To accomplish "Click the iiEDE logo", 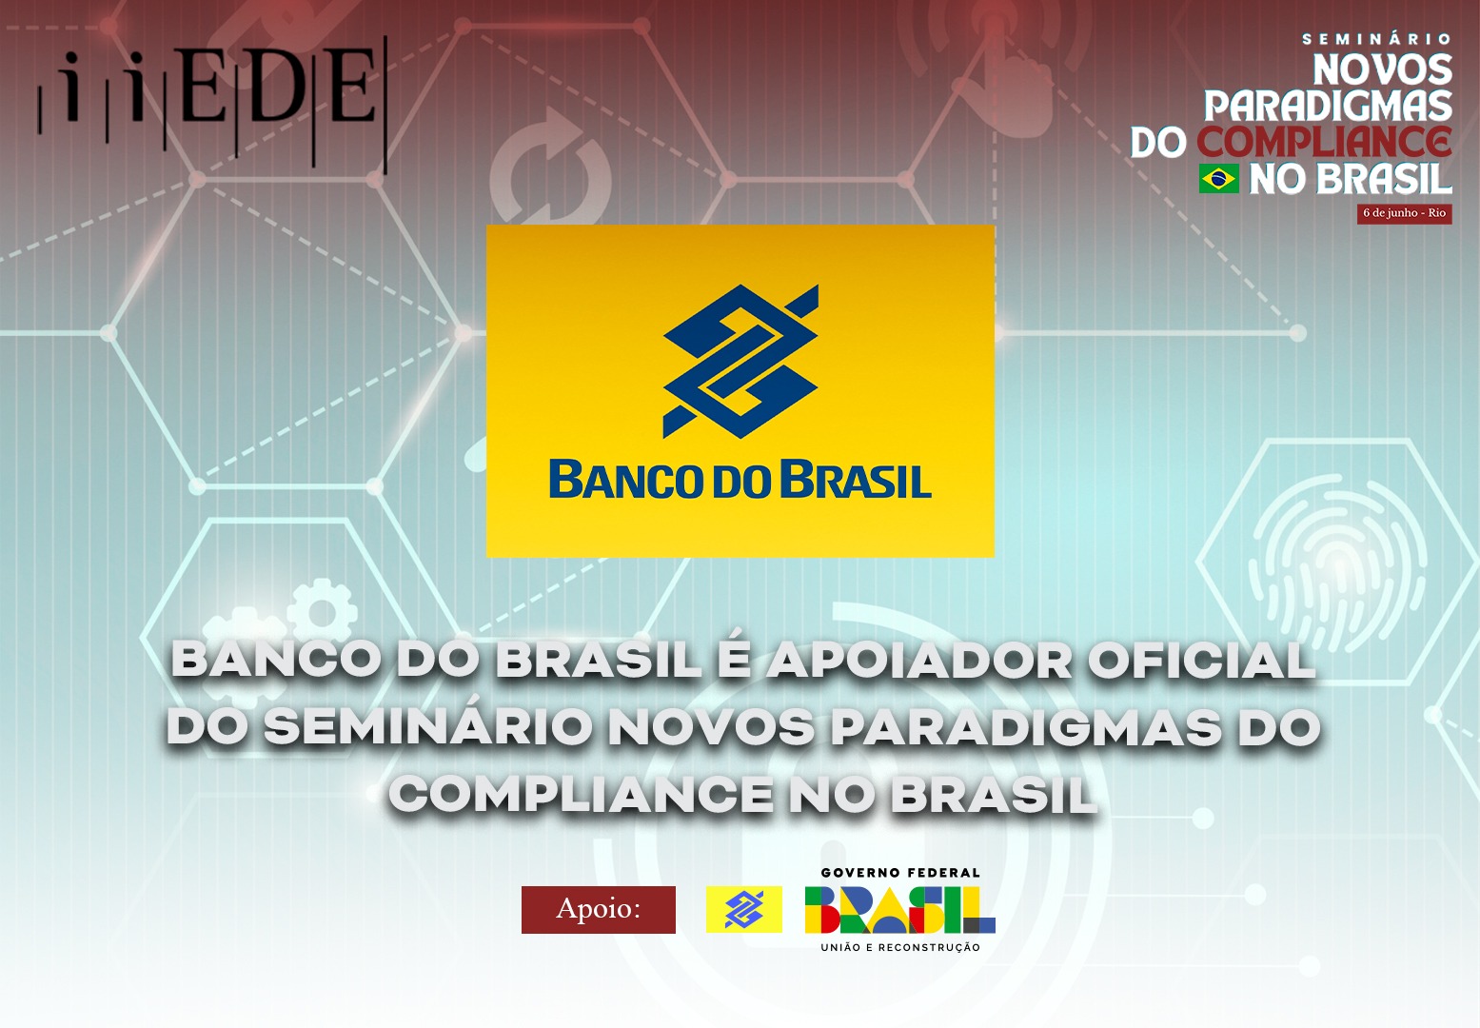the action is tap(212, 103).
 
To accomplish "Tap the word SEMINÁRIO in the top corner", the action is tap(1377, 39).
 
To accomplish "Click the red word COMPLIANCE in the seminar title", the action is tap(1325, 142).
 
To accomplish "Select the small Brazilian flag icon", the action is tap(1219, 179).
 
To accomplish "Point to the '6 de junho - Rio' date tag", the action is tap(1405, 213).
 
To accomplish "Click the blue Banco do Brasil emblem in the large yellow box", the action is tap(740, 361).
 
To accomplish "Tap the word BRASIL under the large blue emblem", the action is tap(857, 480).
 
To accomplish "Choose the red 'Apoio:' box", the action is tap(599, 909).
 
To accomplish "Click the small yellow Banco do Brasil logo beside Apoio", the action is tap(744, 909).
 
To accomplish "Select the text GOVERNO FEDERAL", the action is tap(900, 873).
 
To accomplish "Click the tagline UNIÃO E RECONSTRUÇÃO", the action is tap(900, 947).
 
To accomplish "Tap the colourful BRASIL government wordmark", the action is tap(899, 910).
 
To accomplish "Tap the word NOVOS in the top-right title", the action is tap(1382, 69).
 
